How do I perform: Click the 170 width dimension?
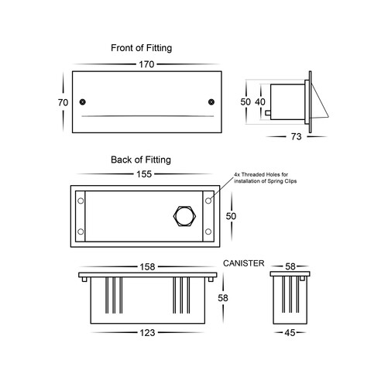[x=146, y=64]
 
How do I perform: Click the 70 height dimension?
[x=63, y=102]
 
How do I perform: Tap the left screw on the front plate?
[x=82, y=102]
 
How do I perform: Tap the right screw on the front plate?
[x=211, y=102]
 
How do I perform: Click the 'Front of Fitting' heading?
[x=142, y=48]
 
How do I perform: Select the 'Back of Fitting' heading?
[x=141, y=160]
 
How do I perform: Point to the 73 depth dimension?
[x=296, y=136]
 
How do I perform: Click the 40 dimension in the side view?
[x=260, y=102]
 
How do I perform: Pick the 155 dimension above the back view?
[x=144, y=174]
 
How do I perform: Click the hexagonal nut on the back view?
[x=184, y=216]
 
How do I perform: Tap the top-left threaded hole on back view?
[x=81, y=201]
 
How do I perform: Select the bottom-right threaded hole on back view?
[x=208, y=232]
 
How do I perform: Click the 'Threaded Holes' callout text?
[x=265, y=178]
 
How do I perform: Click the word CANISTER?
[x=244, y=263]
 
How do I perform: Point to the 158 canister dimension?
[x=147, y=267]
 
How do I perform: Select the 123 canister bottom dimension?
[x=147, y=333]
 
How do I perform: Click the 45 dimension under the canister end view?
[x=290, y=333]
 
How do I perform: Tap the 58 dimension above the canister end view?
[x=290, y=266]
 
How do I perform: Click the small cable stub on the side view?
[x=268, y=113]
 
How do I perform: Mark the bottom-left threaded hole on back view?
[x=81, y=232]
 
